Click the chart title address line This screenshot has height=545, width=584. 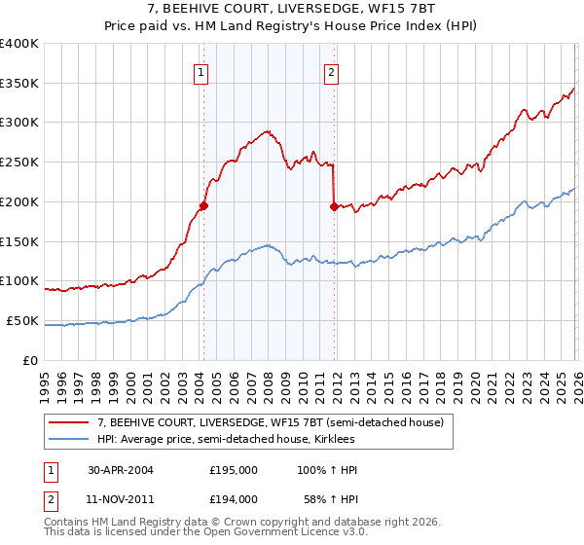(x=291, y=10)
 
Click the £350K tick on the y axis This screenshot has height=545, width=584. (x=19, y=84)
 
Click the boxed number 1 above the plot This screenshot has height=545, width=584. (x=201, y=71)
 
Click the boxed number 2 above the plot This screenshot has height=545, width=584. (x=332, y=71)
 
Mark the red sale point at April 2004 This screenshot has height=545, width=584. (x=204, y=205)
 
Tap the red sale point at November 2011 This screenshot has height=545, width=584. (x=334, y=206)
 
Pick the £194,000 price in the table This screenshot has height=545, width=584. (x=233, y=498)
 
